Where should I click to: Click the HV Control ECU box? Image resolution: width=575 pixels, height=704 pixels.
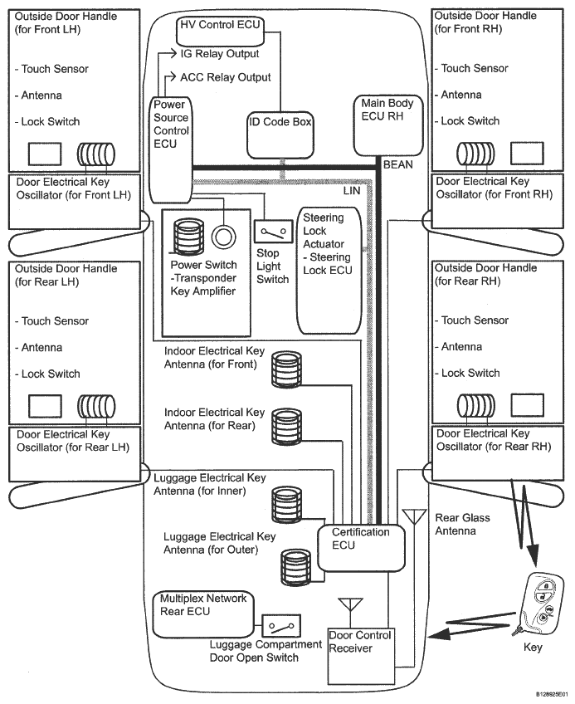pos(220,31)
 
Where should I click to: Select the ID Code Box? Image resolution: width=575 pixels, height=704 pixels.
pos(280,135)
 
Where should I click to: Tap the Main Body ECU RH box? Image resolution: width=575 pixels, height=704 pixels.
pos(388,125)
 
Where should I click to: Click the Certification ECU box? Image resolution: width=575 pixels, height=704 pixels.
pos(361,548)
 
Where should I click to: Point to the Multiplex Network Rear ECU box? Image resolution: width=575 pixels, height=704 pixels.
pos(203,614)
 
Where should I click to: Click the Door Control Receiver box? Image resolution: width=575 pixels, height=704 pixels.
pos(361,656)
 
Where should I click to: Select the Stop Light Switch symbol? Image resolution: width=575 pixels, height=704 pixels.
pos(273,232)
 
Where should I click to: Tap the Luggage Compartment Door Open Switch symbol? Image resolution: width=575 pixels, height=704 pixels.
pos(281,626)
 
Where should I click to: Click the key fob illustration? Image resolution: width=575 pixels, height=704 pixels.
pos(538,604)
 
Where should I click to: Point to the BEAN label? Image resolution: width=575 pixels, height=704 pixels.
pos(398,164)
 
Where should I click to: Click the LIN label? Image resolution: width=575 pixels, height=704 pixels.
pos(352,191)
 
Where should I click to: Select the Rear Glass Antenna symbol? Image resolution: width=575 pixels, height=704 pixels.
pos(414,516)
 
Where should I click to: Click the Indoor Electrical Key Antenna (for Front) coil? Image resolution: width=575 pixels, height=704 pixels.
pos(286,369)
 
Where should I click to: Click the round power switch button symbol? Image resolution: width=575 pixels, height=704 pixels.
pos(223,236)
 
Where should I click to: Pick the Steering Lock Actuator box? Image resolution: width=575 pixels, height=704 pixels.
pos(329,271)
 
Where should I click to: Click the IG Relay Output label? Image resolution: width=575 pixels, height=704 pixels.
pos(220,54)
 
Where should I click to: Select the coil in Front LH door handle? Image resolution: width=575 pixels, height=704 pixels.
pos(96,154)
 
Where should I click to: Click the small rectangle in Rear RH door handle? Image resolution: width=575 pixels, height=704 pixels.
pos(528,405)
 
